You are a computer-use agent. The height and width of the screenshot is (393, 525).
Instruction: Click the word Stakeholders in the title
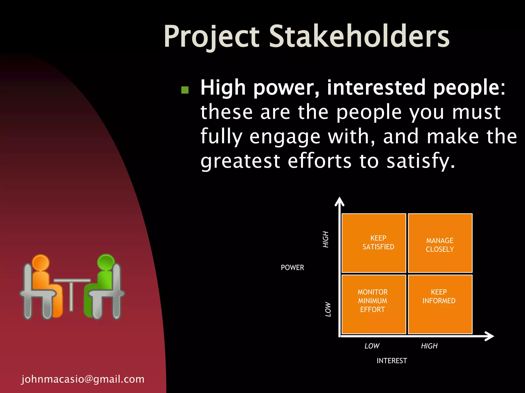click(x=359, y=36)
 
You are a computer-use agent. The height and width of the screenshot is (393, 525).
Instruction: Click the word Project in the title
click(x=212, y=36)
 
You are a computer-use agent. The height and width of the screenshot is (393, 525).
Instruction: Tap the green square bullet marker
click(x=185, y=90)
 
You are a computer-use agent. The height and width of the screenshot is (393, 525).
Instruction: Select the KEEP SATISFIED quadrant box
click(x=374, y=243)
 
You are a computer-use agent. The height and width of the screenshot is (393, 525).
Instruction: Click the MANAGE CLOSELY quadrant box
click(x=440, y=243)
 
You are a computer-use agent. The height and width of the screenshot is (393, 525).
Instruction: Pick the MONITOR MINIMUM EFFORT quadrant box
click(x=374, y=304)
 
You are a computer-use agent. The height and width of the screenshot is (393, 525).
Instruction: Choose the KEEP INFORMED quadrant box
click(x=440, y=304)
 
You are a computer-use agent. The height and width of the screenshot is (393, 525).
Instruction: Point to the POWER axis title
click(x=292, y=268)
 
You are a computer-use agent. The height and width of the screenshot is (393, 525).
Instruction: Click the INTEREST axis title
click(x=392, y=361)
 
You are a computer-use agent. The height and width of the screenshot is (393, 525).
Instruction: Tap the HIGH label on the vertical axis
click(x=326, y=239)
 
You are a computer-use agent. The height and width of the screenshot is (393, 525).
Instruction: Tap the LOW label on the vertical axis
click(x=328, y=309)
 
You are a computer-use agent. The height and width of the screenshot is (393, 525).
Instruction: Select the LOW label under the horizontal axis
click(x=372, y=346)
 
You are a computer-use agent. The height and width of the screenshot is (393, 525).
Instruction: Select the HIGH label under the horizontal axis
click(x=429, y=346)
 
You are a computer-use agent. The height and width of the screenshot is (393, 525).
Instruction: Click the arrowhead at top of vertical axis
click(x=339, y=201)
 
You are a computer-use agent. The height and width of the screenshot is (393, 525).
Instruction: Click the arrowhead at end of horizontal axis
click(x=490, y=336)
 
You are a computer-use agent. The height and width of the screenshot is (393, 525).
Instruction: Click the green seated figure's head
click(x=106, y=262)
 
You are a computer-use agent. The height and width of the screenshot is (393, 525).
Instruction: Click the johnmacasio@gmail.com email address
click(x=83, y=379)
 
